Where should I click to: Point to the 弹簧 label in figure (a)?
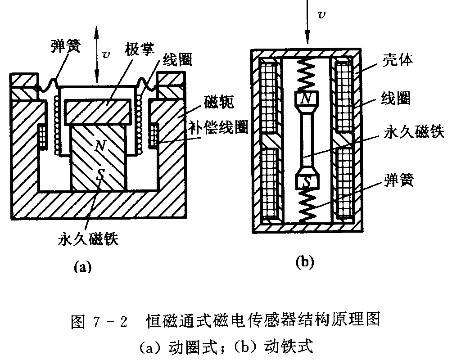(x=66, y=46)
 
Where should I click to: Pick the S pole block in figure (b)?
(x=306, y=181)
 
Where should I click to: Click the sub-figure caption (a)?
(x=82, y=267)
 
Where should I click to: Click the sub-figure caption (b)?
(x=304, y=261)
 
